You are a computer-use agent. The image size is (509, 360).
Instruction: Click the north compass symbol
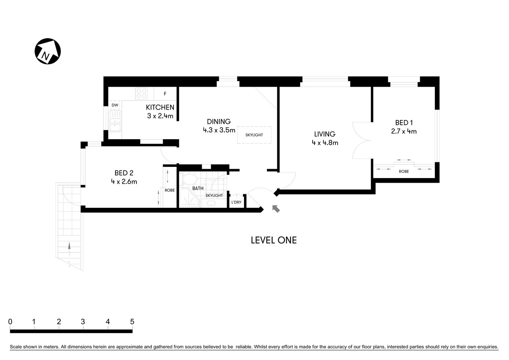(x=48, y=51)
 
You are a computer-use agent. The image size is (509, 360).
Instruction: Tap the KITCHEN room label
(x=160, y=107)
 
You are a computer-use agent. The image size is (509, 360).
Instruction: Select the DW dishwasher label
(x=115, y=105)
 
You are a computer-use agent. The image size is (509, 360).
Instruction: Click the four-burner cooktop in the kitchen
(x=141, y=93)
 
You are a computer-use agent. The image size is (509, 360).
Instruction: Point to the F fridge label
(x=165, y=94)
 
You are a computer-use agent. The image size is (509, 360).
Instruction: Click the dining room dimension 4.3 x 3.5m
(x=219, y=130)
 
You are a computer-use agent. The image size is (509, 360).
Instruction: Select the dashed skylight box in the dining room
(x=254, y=135)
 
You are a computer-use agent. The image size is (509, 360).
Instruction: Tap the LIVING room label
(x=325, y=134)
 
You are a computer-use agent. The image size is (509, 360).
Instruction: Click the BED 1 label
(x=404, y=123)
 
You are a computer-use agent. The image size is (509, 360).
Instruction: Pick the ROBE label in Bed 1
(x=404, y=171)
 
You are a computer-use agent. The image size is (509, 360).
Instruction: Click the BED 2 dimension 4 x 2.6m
(x=124, y=182)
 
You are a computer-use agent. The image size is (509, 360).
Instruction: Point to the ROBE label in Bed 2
(x=169, y=190)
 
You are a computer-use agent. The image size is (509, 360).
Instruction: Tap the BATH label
(x=198, y=188)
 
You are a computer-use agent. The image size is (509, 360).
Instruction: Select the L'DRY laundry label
(x=236, y=202)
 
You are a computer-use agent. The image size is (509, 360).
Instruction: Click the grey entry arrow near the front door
(x=276, y=208)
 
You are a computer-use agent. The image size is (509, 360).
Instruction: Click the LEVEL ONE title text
(x=274, y=240)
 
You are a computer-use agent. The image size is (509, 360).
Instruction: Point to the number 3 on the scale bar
(x=83, y=322)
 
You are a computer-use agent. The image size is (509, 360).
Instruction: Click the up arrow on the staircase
(x=69, y=246)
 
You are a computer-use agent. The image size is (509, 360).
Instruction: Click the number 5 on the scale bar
(x=132, y=322)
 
